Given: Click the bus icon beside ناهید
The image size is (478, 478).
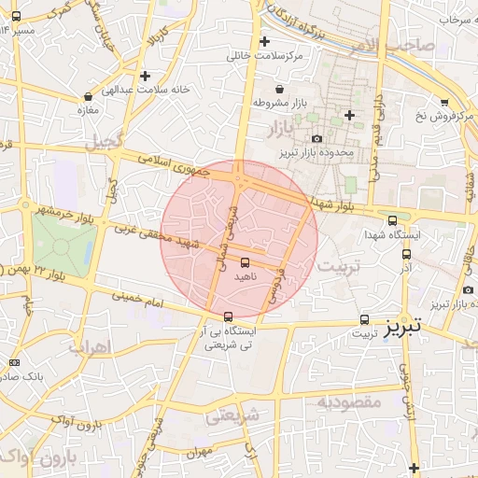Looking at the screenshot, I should (x=245, y=263).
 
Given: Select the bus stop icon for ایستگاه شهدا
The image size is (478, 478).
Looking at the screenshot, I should (x=392, y=220).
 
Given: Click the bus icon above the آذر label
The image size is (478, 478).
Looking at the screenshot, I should (x=406, y=253).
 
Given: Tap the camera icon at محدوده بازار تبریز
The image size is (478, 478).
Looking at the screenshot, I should (x=317, y=138).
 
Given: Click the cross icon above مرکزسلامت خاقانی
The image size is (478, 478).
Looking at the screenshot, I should (x=265, y=41).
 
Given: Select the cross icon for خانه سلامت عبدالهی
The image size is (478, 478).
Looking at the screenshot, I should (x=145, y=76).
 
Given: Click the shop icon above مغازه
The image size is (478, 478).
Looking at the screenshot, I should (x=88, y=95).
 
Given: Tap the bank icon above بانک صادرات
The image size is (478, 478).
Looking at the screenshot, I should (x=14, y=362).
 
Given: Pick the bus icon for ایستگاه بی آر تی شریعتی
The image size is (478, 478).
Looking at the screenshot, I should (x=229, y=316).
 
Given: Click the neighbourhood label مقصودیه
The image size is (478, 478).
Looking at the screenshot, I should (x=349, y=402).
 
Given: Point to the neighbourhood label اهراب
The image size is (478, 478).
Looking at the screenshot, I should (x=90, y=346).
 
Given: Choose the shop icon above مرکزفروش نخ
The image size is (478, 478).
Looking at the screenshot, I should (x=443, y=102).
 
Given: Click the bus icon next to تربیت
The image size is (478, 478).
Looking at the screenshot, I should (x=364, y=319).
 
